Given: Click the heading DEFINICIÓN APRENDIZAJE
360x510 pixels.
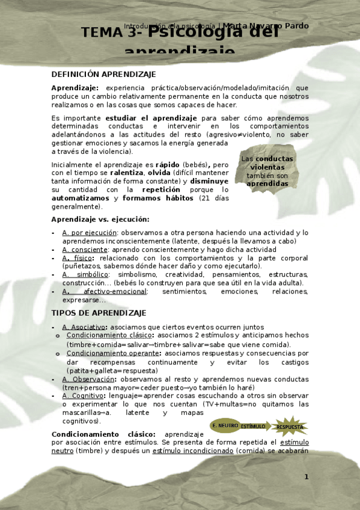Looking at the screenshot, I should [103, 74].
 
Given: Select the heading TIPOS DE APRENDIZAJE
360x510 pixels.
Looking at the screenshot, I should [99, 313].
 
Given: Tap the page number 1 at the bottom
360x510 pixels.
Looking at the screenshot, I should [306, 477].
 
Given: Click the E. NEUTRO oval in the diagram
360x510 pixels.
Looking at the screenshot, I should [224, 426].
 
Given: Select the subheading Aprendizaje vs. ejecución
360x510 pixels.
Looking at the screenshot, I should [100, 220].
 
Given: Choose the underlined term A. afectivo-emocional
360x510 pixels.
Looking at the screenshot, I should [104, 292].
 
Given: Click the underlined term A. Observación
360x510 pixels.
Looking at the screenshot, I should [88, 379].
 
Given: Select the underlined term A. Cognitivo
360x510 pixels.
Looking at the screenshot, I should [84, 396].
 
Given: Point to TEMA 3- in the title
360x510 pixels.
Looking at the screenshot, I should [113, 34].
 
